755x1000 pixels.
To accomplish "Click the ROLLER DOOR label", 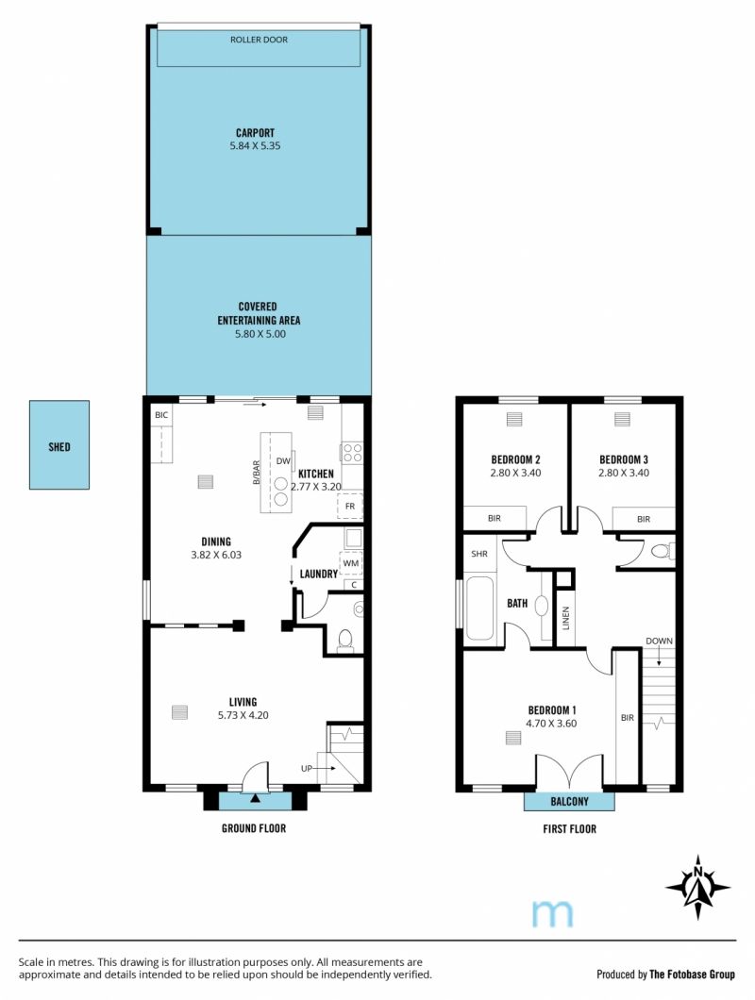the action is [259, 40].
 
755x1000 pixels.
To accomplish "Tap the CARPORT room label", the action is [255, 133].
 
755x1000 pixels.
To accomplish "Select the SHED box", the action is [59, 445].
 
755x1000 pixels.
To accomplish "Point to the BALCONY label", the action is [569, 801].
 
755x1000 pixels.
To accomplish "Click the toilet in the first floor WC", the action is [662, 550].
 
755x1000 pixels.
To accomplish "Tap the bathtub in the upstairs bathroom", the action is [479, 608].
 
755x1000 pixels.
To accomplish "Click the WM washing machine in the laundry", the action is [351, 563].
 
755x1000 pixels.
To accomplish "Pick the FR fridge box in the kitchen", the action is [350, 506].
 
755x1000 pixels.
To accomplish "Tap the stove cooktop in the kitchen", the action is [352, 453].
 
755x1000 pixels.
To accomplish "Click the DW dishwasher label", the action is [283, 461].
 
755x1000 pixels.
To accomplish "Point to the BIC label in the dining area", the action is [161, 414].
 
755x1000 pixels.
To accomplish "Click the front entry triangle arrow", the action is [255, 798].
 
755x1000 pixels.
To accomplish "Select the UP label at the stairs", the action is [307, 769].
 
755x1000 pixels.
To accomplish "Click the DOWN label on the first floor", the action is [659, 641].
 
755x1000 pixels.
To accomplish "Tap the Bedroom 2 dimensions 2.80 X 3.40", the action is [515, 473].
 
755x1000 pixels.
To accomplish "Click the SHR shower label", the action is [479, 554].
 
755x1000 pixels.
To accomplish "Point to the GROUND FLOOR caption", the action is [253, 827].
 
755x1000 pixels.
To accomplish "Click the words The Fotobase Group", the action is [692, 974].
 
